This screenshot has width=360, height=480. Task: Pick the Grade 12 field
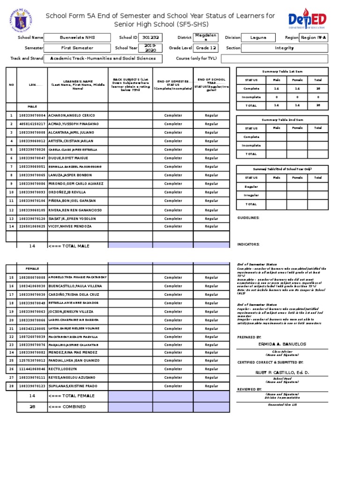[x=206, y=48]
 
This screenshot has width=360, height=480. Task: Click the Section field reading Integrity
[x=285, y=48]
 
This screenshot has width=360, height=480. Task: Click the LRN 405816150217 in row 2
[x=32, y=124]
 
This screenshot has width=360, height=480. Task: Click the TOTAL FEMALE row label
[x=71, y=396]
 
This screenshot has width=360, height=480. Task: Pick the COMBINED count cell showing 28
[x=32, y=406]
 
